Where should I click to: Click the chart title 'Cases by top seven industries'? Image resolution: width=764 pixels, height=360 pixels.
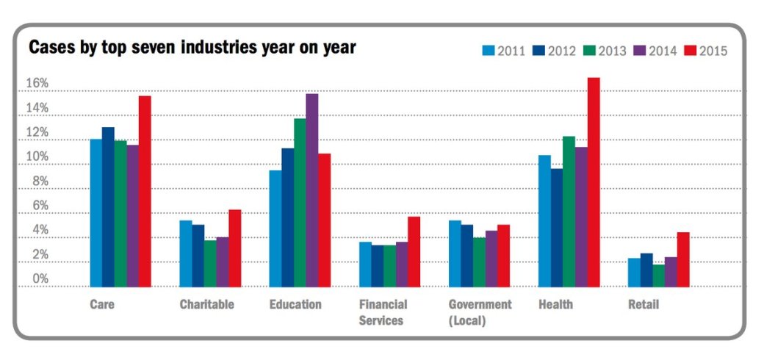pyautogui.click(x=192, y=48)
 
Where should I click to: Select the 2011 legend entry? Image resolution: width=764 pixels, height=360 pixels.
pyautogui.click(x=504, y=51)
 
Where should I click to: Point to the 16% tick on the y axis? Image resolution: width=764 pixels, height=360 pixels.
pyautogui.click(x=37, y=84)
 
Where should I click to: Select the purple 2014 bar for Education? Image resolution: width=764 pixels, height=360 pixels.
pyautogui.click(x=312, y=190)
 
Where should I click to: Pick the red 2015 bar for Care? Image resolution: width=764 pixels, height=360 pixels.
pyautogui.click(x=145, y=191)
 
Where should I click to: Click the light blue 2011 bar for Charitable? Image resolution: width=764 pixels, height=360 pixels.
pyautogui.click(x=186, y=253)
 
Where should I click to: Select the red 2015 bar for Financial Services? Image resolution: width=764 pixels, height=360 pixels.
pyautogui.click(x=414, y=251)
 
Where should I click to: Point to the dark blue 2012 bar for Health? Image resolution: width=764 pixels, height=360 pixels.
pyautogui.click(x=557, y=228)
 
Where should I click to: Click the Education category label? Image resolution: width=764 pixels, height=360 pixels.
pyautogui.click(x=295, y=304)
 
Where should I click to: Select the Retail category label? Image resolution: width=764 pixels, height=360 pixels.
pyautogui.click(x=644, y=304)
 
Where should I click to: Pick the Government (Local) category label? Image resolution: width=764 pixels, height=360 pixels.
pyautogui.click(x=480, y=312)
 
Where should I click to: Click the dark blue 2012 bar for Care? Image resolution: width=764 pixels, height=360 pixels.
pyautogui.click(x=108, y=206)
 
